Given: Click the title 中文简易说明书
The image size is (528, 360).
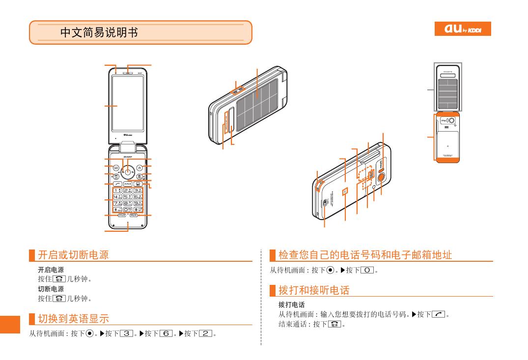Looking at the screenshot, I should tap(99, 32).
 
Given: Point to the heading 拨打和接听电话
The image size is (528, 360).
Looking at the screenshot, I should tap(314, 290).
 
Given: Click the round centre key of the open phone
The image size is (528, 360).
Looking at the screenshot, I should tap(128, 171).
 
